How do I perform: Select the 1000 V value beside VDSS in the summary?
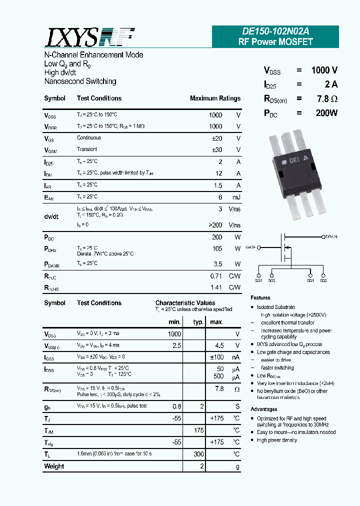pyautogui.click(x=324, y=70)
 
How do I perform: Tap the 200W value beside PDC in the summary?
pyautogui.click(x=326, y=113)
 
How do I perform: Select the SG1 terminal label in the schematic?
pyautogui.click(x=258, y=281)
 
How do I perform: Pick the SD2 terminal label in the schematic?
pyautogui.click(x=323, y=281)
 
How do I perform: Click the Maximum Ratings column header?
pyautogui.click(x=215, y=98)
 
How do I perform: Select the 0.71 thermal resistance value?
pyautogui.click(x=216, y=275)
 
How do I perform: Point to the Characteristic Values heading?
pyautogui.click(x=185, y=303)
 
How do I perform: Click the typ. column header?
pyautogui.click(x=198, y=322)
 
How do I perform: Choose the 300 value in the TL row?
pyautogui.click(x=199, y=454)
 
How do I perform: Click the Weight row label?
pyautogui.click(x=54, y=466)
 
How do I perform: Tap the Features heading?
pyautogui.click(x=260, y=298)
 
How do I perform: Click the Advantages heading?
pyautogui.click(x=263, y=409)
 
